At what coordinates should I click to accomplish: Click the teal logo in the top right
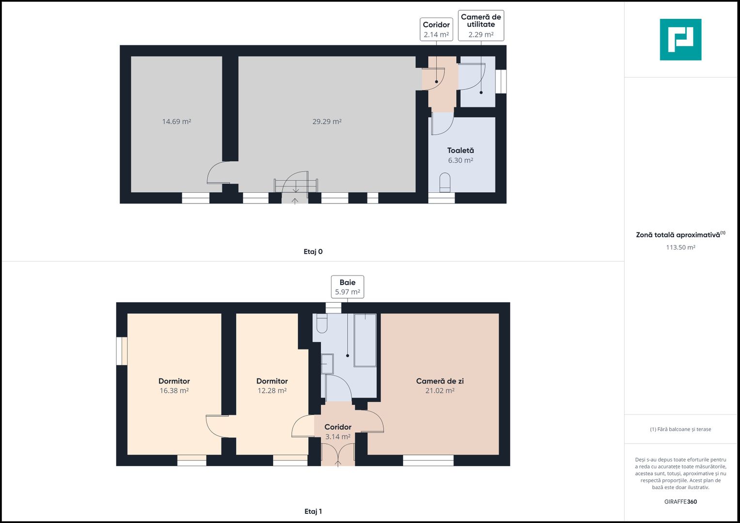point(680,40)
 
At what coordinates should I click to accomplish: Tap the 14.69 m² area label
point(176,122)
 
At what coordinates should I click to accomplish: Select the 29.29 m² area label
point(327,122)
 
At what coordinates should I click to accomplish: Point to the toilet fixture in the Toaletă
point(445,183)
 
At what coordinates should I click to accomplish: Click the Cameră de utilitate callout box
point(481,26)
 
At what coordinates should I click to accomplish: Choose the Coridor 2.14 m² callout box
point(436,30)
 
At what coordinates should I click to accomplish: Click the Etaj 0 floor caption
point(313,251)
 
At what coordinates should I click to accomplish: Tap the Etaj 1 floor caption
point(313,511)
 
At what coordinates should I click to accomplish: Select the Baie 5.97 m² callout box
point(347,287)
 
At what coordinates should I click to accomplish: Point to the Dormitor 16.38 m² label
point(174,385)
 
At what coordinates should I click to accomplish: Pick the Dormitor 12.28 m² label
point(272,385)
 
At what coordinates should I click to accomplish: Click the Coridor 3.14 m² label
point(338,431)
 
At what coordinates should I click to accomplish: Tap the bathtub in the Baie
point(365,340)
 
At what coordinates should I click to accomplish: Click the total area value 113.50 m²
point(680,247)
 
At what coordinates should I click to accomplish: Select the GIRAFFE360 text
point(680,502)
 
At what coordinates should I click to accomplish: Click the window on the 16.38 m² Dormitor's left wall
point(122,351)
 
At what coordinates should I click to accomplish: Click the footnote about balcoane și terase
point(680,429)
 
